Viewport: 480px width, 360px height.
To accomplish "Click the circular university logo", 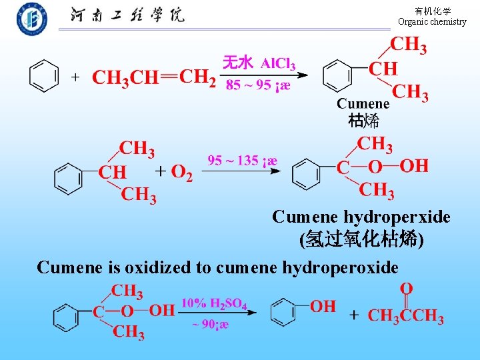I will pos(32,18).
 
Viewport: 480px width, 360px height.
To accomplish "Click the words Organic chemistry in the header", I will pos(432,22).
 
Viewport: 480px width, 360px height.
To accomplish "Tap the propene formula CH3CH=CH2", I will pos(154,77).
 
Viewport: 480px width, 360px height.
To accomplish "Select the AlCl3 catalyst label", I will pos(278,63).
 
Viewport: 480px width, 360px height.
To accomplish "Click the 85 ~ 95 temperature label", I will pos(257,85).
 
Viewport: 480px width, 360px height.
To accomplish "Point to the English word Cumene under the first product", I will pos(363,103).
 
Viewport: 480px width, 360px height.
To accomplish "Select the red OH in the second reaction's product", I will pos(414,165).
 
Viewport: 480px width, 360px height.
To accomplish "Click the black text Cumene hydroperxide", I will pos(361,217).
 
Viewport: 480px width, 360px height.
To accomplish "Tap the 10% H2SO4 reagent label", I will pos(214,304).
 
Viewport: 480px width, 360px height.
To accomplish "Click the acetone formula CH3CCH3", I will pos(405,315).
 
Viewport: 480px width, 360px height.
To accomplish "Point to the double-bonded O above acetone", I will pos(406,289).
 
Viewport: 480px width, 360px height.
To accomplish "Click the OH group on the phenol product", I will pos(323,306).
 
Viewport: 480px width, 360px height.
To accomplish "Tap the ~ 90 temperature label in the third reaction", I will pos(211,325).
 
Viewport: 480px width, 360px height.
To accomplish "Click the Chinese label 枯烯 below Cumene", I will pos(364,121).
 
